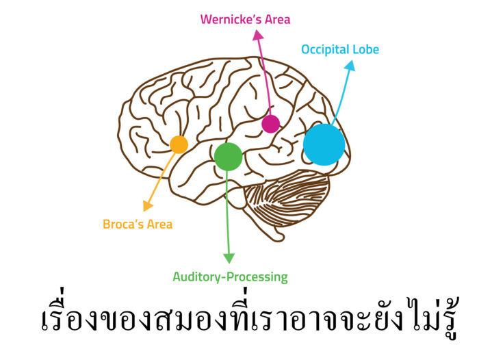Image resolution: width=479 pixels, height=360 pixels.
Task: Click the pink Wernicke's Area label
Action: point(245,19)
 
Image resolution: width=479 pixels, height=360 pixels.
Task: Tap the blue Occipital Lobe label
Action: point(340,49)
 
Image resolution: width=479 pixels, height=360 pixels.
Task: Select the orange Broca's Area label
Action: point(138,224)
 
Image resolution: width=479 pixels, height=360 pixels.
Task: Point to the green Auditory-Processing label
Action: point(230,277)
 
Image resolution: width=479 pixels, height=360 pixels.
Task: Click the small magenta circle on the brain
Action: point(271,124)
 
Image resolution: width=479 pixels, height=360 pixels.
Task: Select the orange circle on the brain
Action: point(179,144)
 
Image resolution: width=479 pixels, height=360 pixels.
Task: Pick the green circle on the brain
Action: point(228,156)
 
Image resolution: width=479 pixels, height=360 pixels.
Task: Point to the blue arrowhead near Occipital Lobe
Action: point(351,66)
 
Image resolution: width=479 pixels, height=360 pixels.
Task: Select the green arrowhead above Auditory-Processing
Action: point(229,258)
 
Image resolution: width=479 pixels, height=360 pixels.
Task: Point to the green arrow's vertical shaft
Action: point(228,212)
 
